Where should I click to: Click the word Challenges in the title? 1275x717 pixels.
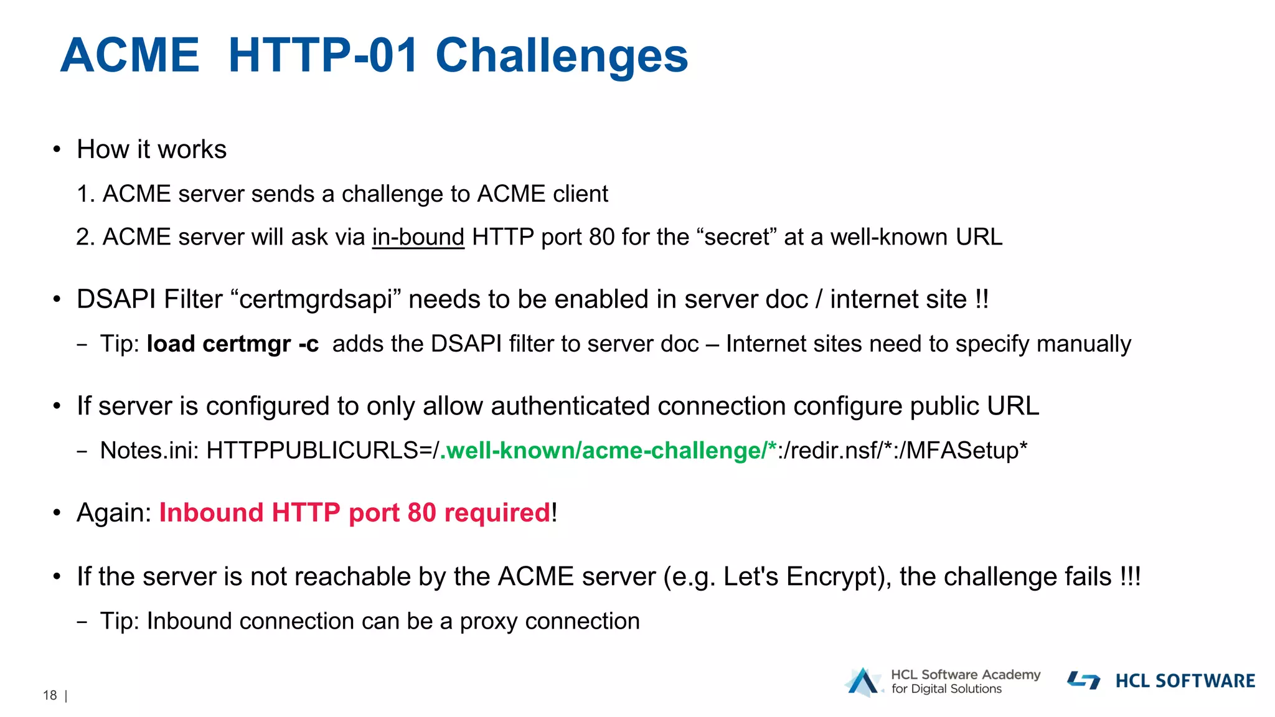point(562,56)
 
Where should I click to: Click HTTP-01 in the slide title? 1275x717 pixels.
point(322,56)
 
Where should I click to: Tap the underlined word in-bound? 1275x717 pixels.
point(418,237)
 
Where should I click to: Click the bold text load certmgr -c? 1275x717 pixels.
point(232,344)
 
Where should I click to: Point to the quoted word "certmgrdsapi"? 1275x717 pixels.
point(316,299)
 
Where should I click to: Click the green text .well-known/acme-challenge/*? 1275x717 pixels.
point(608,451)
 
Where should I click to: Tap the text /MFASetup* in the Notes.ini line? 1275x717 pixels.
point(966,451)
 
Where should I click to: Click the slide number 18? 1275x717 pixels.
point(50,696)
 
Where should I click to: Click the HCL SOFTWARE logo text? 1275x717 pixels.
point(1185,681)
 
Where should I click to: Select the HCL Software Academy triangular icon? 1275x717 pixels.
point(863,682)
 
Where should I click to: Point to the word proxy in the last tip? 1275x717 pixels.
point(489,621)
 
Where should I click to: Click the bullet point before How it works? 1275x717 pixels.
point(57,149)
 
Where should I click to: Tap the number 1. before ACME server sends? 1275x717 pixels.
point(85,194)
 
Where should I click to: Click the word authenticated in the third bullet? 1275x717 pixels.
point(570,406)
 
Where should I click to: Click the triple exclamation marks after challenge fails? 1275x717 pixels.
point(1130,576)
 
